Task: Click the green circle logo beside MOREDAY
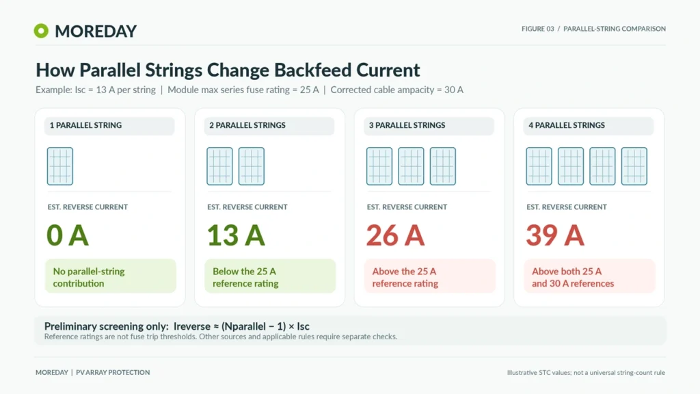click(x=41, y=31)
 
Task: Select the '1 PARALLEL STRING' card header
click(x=109, y=126)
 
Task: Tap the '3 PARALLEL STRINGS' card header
click(x=429, y=126)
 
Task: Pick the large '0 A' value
click(x=68, y=235)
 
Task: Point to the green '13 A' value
click(x=236, y=235)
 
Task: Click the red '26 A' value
click(x=395, y=235)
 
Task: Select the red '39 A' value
click(x=555, y=235)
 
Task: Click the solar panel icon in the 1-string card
click(x=60, y=166)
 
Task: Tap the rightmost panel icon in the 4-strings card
click(x=634, y=166)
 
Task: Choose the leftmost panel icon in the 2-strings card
click(x=219, y=166)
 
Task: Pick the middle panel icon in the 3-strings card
click(x=411, y=166)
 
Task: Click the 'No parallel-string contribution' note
click(x=110, y=276)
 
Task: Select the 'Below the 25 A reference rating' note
click(x=270, y=276)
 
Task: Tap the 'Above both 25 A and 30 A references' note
click(x=589, y=276)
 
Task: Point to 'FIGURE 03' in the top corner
click(x=537, y=29)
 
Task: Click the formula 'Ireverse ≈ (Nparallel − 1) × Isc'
click(x=241, y=326)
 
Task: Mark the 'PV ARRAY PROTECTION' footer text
click(x=113, y=373)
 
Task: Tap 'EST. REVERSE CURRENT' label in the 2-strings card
click(x=247, y=207)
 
